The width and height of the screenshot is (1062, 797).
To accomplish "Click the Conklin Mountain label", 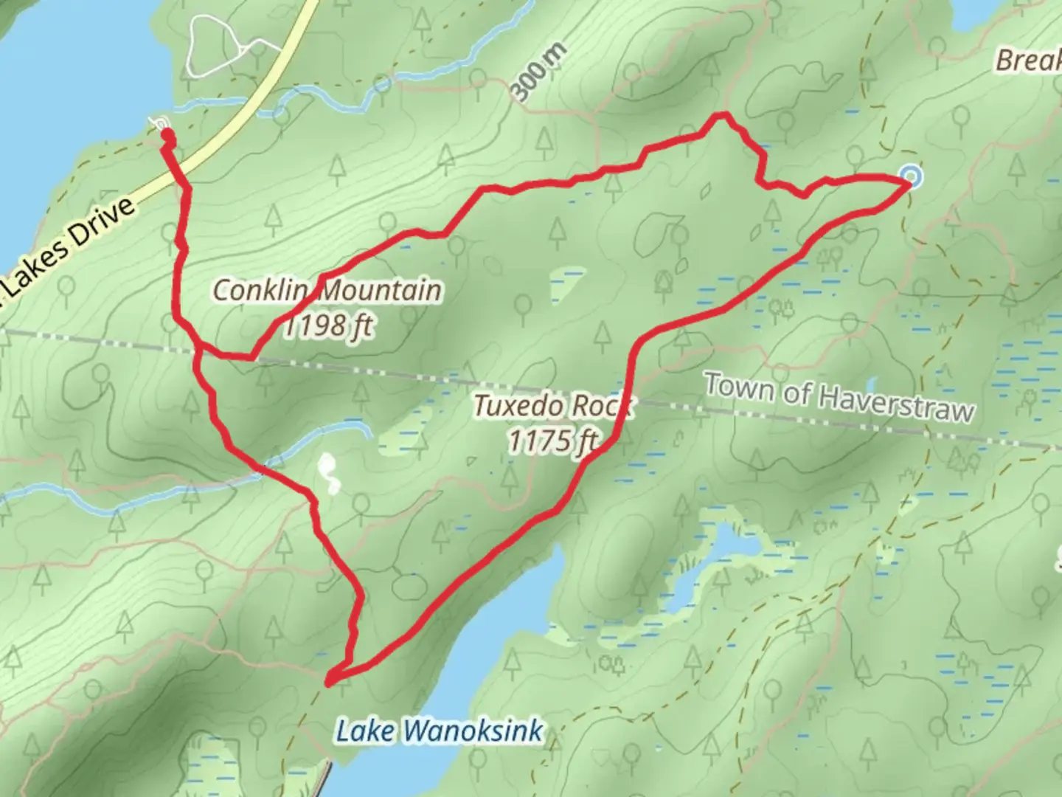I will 327,290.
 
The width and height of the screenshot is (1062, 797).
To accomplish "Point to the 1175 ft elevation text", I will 552,441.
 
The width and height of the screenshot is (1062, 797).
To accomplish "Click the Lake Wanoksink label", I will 440,731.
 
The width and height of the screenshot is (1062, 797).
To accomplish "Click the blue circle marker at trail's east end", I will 912,176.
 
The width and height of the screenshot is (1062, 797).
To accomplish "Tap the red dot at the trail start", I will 168,135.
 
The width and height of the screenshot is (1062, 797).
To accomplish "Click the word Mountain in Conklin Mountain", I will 381,290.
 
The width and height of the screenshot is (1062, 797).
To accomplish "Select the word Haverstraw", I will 896,402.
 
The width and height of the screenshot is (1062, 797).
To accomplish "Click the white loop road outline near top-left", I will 215,46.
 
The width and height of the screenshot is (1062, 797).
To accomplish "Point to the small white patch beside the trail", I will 327,474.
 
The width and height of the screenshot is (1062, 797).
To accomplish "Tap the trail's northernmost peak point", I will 721,115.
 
